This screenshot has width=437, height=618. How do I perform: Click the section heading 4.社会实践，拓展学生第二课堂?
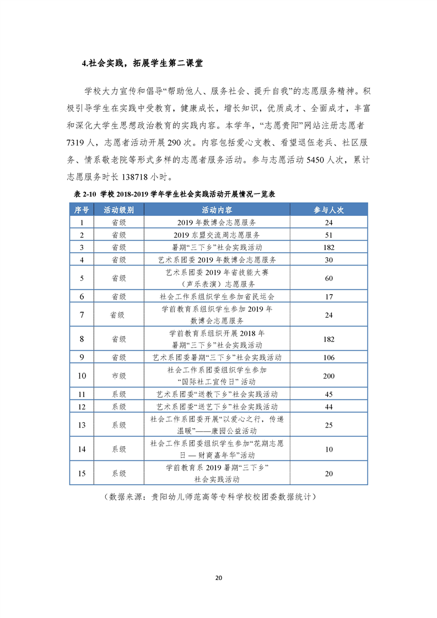[142, 63]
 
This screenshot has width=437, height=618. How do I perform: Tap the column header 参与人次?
[329, 210]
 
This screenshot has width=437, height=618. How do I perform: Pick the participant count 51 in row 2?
[329, 235]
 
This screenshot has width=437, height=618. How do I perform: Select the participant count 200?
[329, 376]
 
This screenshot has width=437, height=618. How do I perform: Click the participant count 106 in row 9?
[329, 357]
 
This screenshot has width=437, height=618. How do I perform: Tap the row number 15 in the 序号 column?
[82, 473]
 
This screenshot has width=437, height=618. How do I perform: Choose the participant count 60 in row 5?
[329, 278]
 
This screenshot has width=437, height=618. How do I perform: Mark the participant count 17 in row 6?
[329, 296]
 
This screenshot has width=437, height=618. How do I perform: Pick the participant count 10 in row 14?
[329, 449]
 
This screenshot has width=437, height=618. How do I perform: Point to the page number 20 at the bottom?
[218, 578]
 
